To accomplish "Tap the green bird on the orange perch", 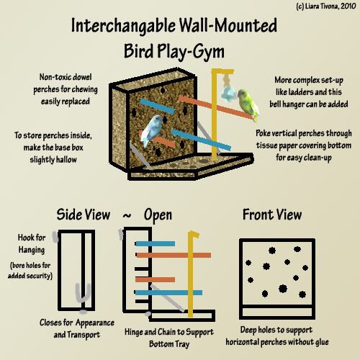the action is point(248,104).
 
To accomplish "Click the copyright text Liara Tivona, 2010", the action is point(326,6).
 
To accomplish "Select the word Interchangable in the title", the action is point(123,26).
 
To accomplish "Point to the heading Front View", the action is point(272,215).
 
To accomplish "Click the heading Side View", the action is point(84,215).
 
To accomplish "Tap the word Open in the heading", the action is point(158,215).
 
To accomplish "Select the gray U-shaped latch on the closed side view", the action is point(83,294).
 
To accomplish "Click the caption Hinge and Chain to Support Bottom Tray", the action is point(169,338).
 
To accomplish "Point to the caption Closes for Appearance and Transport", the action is point(77,328).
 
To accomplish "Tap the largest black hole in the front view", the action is point(283,288).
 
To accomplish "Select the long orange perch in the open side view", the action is point(174,255).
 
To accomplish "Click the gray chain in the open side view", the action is point(167,298).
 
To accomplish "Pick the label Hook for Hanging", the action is point(32,243).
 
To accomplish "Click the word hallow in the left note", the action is point(65,160).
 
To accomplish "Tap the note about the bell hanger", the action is point(309,92).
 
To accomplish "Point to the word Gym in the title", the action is point(208,52).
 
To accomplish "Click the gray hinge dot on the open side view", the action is point(148,313).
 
